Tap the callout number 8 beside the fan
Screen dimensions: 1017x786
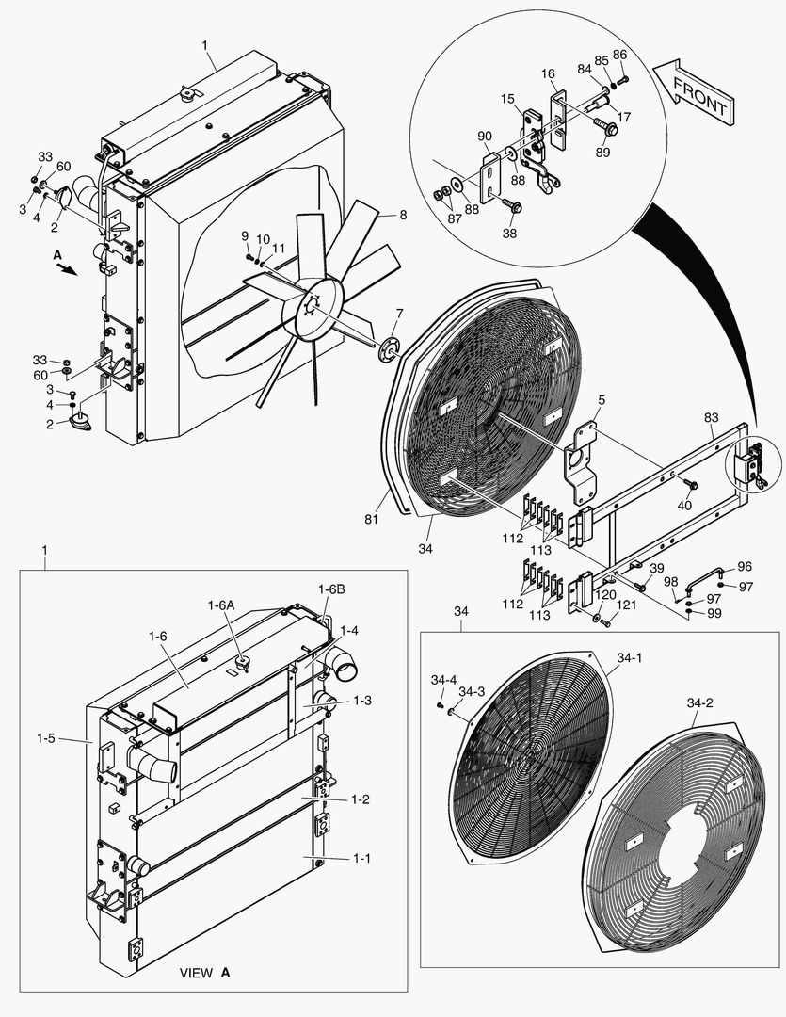(403, 215)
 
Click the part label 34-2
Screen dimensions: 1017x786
(699, 703)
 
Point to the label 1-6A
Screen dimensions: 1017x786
(222, 605)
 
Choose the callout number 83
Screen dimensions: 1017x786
(711, 416)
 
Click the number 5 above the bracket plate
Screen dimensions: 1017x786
(601, 399)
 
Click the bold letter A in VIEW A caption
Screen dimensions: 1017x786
(226, 971)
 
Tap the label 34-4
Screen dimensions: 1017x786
(443, 679)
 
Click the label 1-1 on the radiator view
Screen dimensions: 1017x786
(362, 859)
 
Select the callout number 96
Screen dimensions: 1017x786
(744, 567)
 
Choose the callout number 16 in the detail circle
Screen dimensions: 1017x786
(548, 73)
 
